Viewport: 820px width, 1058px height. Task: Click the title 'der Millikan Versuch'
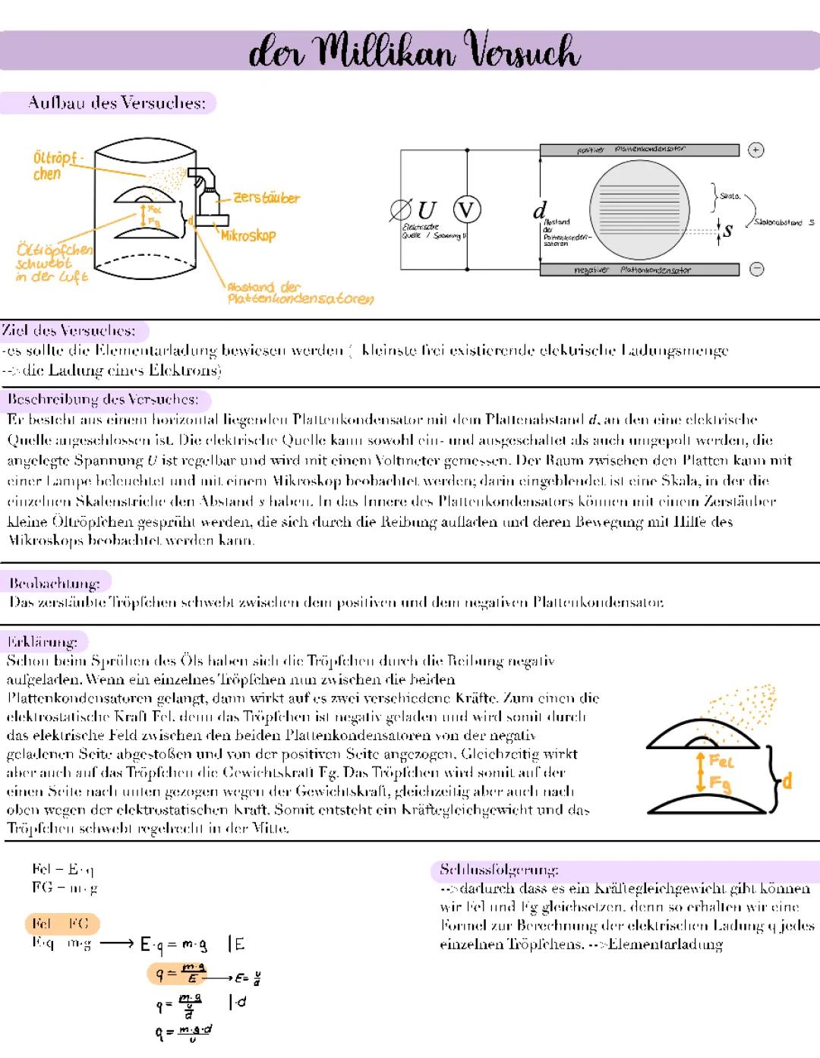coord(414,52)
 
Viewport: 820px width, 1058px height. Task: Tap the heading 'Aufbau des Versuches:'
coord(116,102)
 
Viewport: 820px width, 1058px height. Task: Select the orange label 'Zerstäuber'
coord(266,198)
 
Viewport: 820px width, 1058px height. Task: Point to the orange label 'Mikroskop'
coord(248,236)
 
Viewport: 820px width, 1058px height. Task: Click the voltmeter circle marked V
coord(467,209)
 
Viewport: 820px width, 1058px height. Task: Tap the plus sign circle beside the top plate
coord(755,150)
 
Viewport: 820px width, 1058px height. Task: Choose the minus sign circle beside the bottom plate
coord(756,269)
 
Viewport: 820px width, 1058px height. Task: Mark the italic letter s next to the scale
coord(727,230)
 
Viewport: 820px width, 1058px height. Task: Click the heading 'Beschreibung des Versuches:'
coord(103,399)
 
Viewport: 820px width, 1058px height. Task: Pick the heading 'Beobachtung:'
coord(55,583)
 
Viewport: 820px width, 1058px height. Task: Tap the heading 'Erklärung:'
coord(43,641)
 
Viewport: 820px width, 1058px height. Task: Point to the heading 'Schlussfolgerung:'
coord(500,870)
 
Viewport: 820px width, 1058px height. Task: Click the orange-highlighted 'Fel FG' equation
coord(61,924)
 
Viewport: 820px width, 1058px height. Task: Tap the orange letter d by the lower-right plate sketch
coord(787,781)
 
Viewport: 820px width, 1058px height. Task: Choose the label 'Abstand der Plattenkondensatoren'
coord(299,293)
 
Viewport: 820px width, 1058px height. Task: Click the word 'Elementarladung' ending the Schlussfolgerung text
coord(665,945)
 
